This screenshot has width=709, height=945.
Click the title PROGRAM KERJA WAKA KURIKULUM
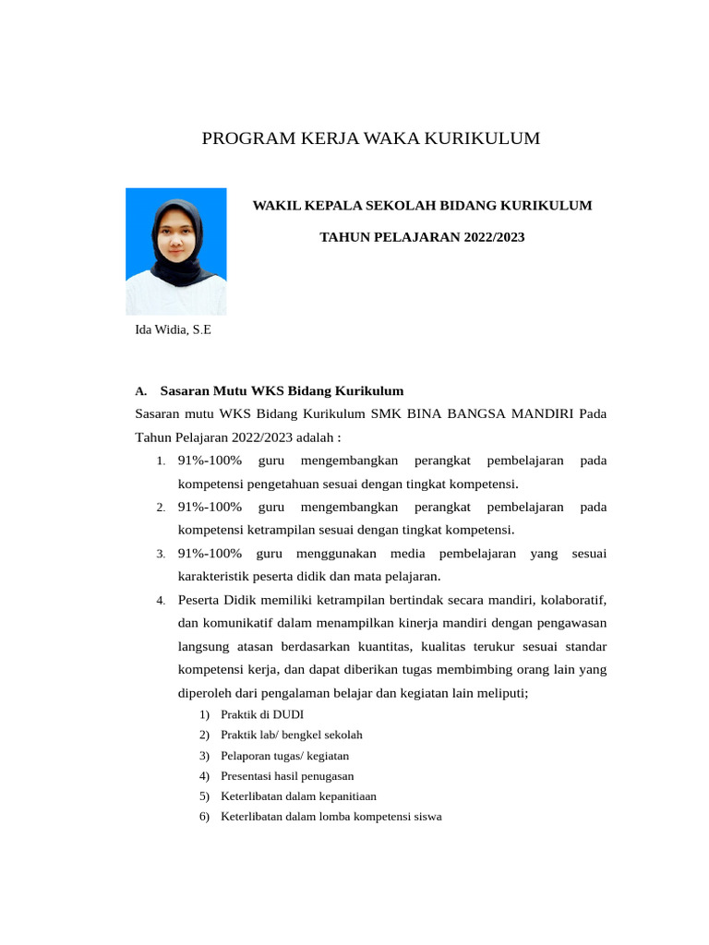tap(371, 138)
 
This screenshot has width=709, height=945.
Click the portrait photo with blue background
tap(175, 251)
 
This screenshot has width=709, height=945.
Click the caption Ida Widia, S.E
tap(173, 330)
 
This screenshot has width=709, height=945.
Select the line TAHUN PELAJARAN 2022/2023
tap(422, 237)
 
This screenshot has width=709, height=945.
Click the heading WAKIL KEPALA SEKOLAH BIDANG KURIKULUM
tap(422, 205)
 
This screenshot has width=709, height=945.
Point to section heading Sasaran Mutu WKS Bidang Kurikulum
tap(282, 390)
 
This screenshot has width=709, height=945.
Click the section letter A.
tap(140, 391)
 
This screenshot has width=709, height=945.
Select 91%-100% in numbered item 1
tap(210, 461)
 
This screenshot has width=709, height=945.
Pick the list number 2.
tap(160, 508)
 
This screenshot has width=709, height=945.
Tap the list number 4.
tap(160, 601)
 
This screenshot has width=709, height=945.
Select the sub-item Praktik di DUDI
tap(262, 715)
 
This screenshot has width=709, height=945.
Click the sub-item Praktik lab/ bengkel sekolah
tap(292, 736)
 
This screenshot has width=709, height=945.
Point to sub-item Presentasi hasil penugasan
tap(287, 776)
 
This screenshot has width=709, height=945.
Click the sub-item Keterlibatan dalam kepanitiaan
tap(298, 796)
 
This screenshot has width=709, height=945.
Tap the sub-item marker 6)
tap(204, 817)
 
